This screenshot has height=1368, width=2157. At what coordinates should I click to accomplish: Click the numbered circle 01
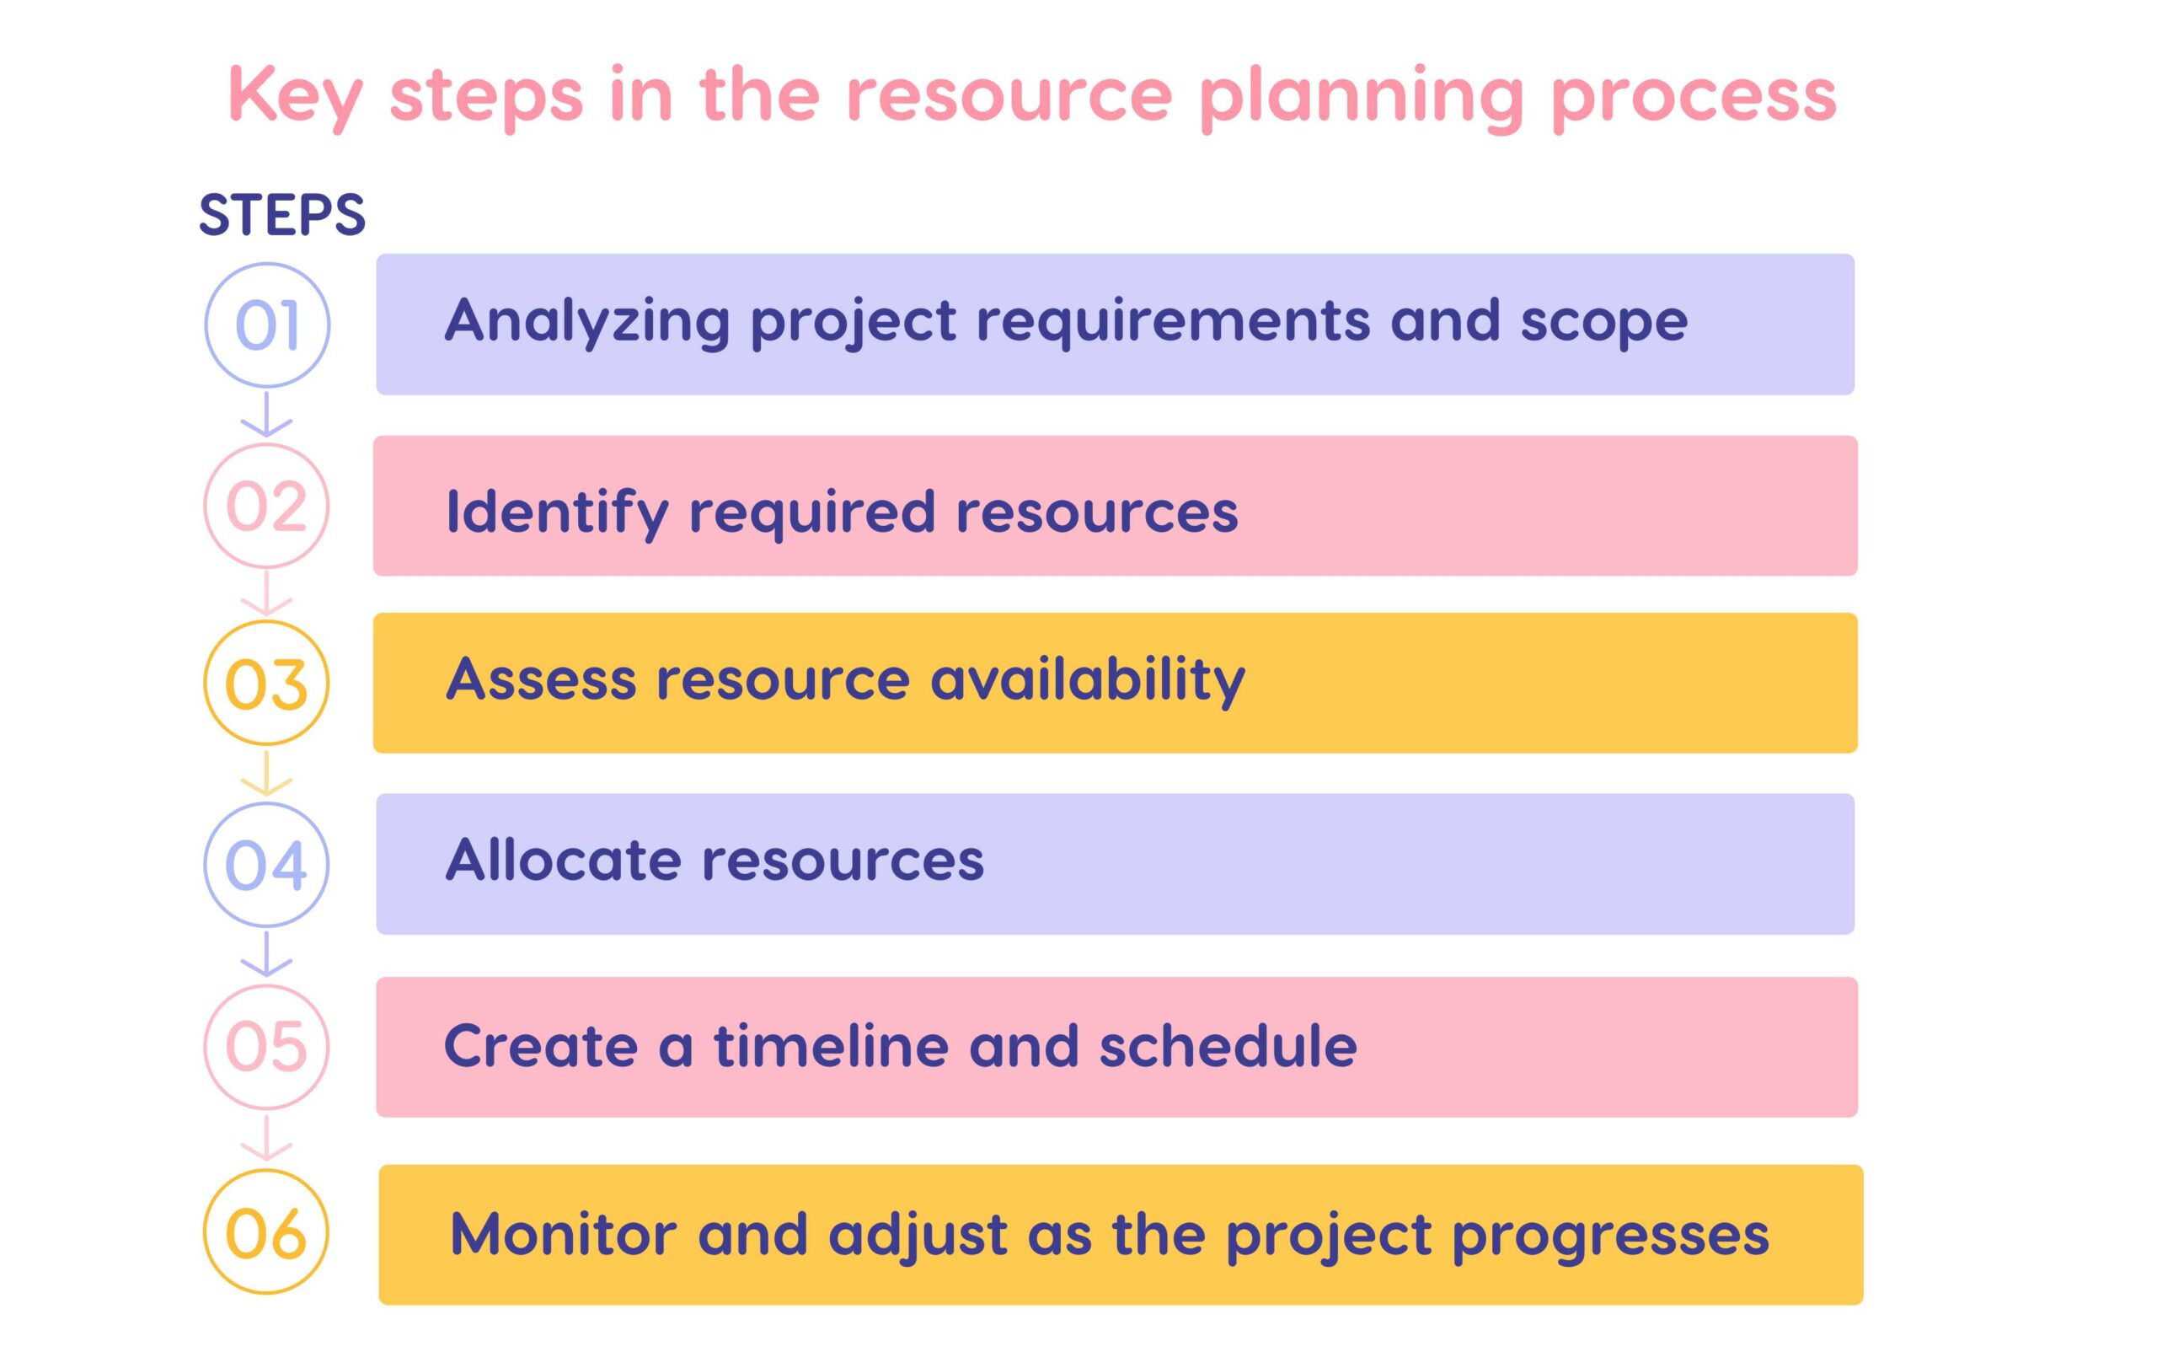(267, 325)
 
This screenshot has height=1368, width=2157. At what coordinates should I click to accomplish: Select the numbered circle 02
(267, 507)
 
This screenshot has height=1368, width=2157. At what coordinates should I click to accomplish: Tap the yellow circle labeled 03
(267, 684)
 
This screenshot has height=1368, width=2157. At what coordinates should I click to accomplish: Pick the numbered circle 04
(267, 865)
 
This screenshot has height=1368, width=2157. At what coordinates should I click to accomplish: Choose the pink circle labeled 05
(267, 1046)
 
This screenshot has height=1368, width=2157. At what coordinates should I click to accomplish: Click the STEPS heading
(282, 215)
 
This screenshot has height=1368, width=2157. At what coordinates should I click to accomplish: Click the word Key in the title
(296, 96)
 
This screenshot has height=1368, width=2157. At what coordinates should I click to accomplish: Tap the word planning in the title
(1361, 96)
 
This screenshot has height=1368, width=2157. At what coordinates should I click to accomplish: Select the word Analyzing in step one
(587, 321)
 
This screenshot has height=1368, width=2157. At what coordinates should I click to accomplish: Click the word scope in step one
(1603, 321)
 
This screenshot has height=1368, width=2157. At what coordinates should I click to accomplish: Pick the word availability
(1088, 679)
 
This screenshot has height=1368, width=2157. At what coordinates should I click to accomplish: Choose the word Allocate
(564, 860)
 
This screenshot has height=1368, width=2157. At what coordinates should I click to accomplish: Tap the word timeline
(831, 1045)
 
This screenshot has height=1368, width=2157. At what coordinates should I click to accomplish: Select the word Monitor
(564, 1235)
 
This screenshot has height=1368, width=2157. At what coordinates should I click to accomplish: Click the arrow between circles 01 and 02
(267, 414)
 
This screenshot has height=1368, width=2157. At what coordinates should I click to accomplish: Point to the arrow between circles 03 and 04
(267, 774)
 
